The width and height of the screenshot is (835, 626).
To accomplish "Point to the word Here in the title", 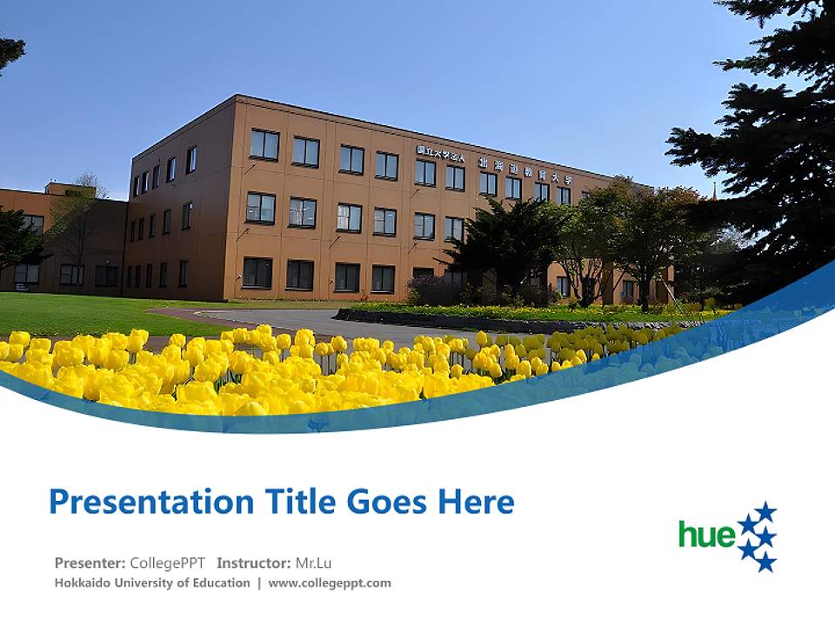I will point(477,503).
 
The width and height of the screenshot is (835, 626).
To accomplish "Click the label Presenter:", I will point(90,563).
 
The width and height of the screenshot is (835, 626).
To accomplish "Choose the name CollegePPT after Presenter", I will point(167,563).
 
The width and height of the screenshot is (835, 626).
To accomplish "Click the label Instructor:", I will point(254,563).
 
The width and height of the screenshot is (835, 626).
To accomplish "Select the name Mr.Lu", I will point(313,563).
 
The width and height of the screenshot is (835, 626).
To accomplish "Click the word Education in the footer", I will point(220,583).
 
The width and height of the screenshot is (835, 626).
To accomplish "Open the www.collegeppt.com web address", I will point(330,583).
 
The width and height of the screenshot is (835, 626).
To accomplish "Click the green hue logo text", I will point(707,534).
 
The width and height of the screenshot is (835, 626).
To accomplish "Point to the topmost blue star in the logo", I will point(765,511).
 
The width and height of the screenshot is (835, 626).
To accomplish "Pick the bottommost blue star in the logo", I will point(765,563).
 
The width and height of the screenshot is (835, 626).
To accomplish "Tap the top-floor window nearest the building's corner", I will point(264,144).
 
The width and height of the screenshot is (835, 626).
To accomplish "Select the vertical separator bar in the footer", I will point(259,583).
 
